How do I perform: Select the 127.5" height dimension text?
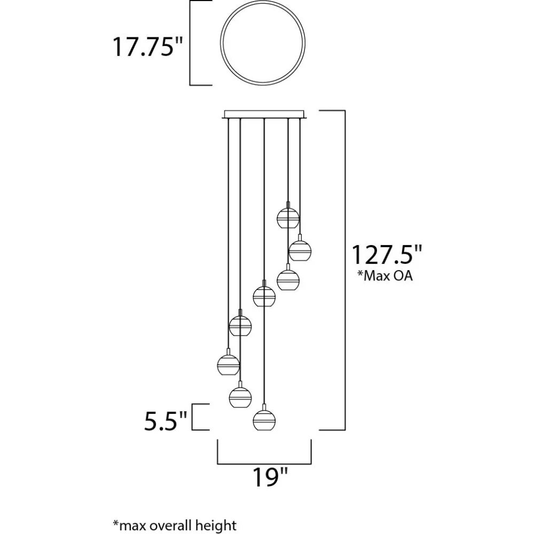(387, 254)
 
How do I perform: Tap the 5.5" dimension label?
(166, 421)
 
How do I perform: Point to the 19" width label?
(270, 477)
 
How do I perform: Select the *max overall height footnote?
(175, 525)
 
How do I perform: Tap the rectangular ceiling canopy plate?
(264, 114)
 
